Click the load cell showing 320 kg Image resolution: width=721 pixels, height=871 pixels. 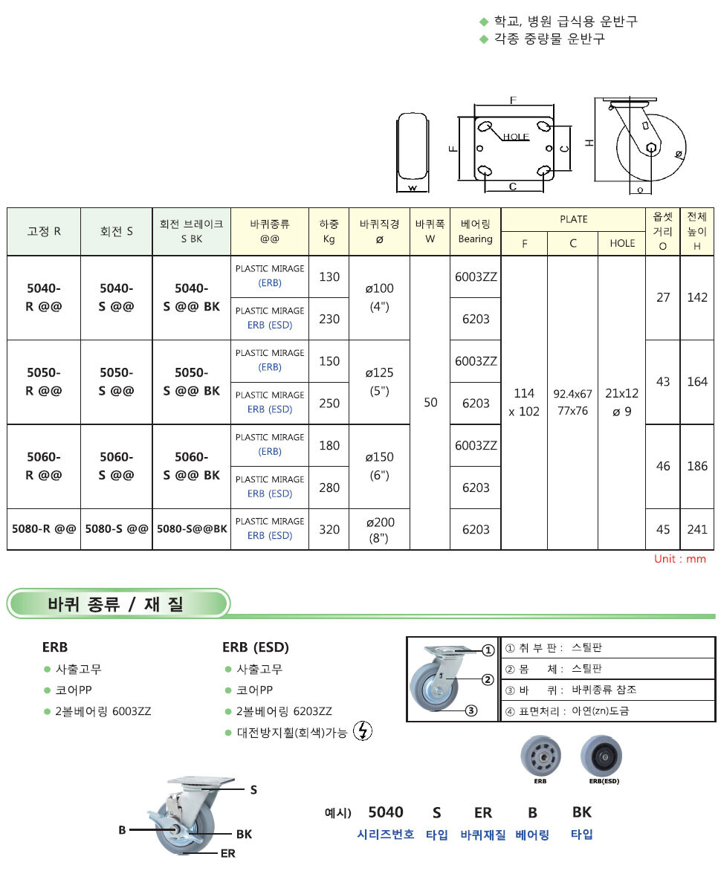point(329,529)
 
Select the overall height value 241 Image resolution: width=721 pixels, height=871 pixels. point(697,529)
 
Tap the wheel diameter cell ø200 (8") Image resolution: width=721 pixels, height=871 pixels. point(379,529)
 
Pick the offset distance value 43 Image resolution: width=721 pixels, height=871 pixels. point(662,381)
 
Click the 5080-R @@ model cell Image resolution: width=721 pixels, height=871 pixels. point(44,529)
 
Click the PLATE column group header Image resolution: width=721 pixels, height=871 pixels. point(573,219)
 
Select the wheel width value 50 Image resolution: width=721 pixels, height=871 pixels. point(430,402)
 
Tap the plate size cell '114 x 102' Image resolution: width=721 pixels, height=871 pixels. point(524,402)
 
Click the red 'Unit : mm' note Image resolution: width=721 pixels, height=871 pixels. point(679,559)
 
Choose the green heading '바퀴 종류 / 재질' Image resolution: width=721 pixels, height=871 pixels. point(115,603)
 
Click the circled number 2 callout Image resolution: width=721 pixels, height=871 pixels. point(488,679)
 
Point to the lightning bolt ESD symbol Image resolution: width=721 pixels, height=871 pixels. point(363,731)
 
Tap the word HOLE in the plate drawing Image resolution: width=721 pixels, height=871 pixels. point(516,137)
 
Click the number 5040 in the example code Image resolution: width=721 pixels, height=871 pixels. point(386,812)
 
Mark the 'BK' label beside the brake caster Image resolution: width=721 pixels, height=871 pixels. point(244,834)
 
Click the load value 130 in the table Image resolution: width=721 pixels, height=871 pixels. point(329,276)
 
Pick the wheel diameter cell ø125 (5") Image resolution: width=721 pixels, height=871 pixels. point(379,381)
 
